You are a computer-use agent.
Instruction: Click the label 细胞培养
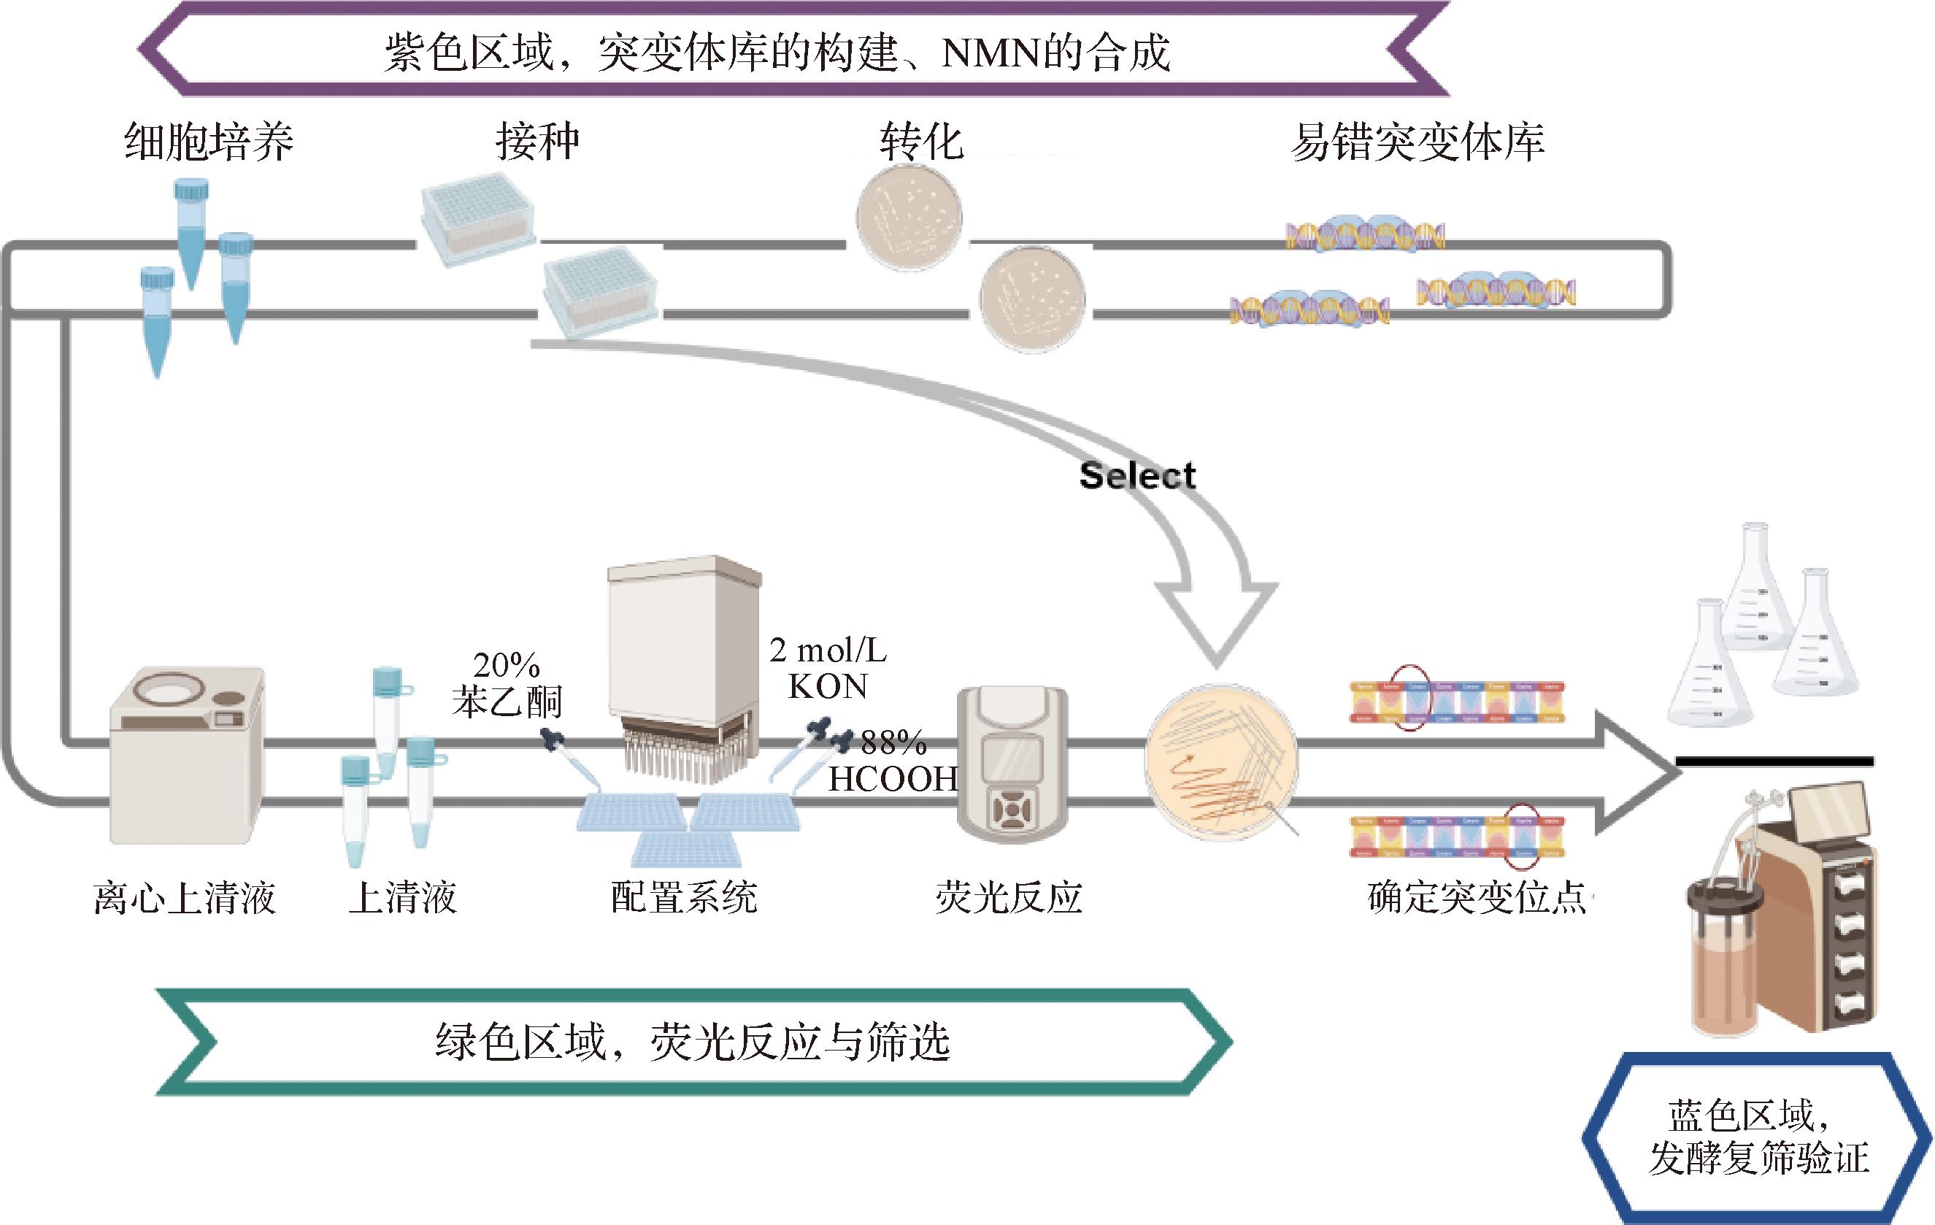[x=209, y=143]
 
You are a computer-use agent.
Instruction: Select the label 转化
[x=922, y=143]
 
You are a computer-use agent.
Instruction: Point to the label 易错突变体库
[x=1417, y=143]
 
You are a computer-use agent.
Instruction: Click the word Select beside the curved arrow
[x=1137, y=476]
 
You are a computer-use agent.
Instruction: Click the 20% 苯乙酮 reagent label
[x=507, y=684]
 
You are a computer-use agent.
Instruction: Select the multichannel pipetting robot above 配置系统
[x=684, y=667]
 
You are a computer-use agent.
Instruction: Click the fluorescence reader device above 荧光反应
[x=1012, y=764]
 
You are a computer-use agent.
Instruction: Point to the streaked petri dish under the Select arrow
[x=1220, y=761]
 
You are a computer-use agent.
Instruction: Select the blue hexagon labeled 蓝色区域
[x=1758, y=1137]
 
